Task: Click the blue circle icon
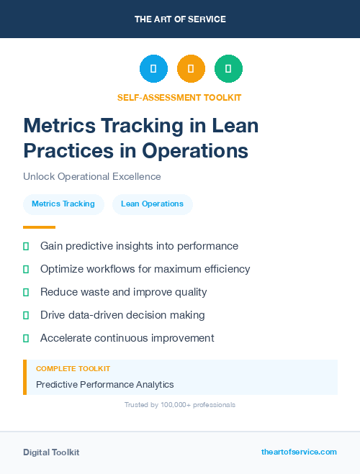click(153, 68)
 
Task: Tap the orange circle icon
click(191, 68)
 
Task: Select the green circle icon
click(228, 68)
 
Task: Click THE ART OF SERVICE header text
click(180, 19)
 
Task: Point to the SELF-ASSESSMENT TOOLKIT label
click(179, 97)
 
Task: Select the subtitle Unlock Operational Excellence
click(91, 176)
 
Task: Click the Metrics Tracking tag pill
click(63, 204)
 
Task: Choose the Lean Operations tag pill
click(152, 204)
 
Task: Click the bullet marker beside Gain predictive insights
click(26, 246)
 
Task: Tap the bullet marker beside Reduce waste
click(26, 292)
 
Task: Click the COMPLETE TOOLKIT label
click(73, 368)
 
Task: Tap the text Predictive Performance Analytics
click(105, 384)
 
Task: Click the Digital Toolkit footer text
click(51, 452)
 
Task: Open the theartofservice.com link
click(299, 452)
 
